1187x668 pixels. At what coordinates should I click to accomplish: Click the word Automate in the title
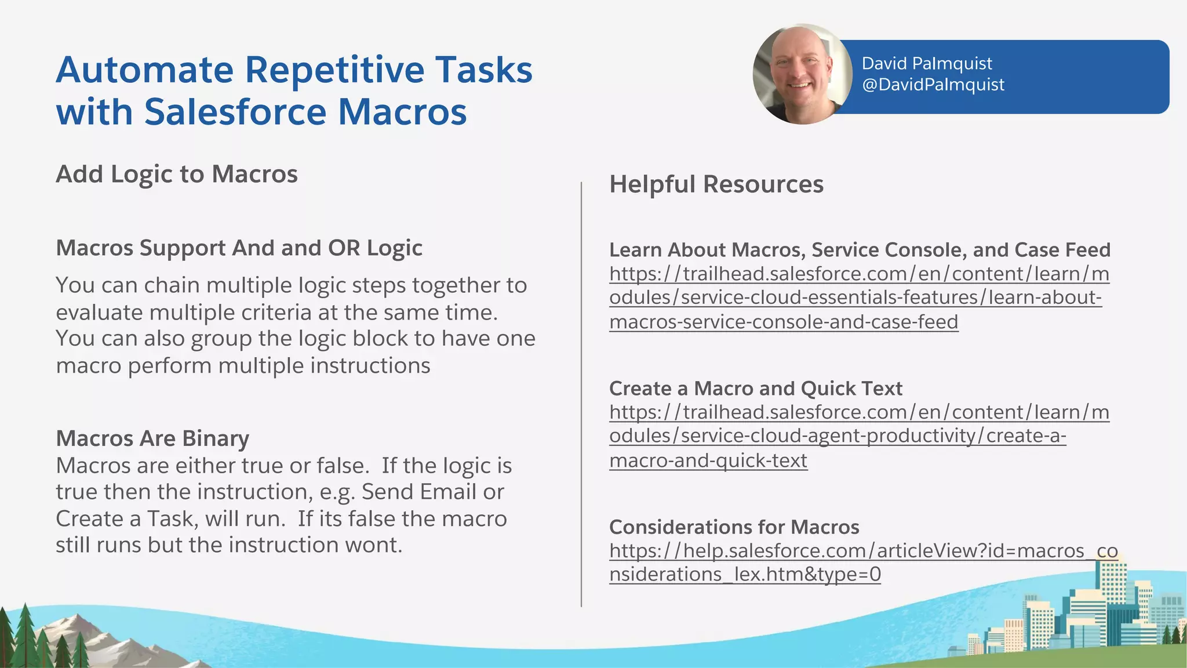click(x=144, y=70)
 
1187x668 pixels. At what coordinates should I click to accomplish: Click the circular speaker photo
click(x=802, y=74)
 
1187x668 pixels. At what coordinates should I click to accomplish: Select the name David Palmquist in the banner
click(x=926, y=63)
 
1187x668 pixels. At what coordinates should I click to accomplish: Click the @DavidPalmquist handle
click(x=933, y=85)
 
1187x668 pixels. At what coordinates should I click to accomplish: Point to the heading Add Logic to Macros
click(x=176, y=174)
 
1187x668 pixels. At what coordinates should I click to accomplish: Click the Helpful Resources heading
click(x=716, y=184)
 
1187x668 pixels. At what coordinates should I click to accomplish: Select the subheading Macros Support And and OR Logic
click(x=239, y=248)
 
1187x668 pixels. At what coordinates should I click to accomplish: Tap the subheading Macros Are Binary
click(x=152, y=438)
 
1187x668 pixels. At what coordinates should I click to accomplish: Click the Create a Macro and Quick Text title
click(x=755, y=389)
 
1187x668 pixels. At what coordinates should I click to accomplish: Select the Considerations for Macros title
click(x=734, y=527)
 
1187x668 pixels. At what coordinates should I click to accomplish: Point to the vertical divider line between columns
click(x=581, y=394)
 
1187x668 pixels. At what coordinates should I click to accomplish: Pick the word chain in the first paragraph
click(x=172, y=285)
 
